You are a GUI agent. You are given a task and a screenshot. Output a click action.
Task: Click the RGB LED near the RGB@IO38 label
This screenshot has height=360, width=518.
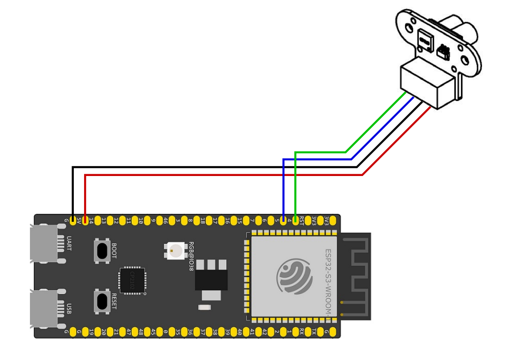tap(173, 250)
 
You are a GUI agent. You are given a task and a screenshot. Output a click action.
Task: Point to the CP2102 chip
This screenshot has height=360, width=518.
tap(132, 281)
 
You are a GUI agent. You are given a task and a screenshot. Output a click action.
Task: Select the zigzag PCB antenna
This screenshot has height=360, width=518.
tap(356, 276)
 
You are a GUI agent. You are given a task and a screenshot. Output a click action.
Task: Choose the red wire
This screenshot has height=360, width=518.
tap(222, 175)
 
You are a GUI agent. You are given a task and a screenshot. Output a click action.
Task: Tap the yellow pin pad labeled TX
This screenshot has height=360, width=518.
tap(314, 332)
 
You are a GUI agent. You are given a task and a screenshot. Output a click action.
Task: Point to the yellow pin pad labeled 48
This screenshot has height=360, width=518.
tap(141, 332)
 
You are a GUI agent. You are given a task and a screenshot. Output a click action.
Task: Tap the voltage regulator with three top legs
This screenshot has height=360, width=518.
tap(211, 276)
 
